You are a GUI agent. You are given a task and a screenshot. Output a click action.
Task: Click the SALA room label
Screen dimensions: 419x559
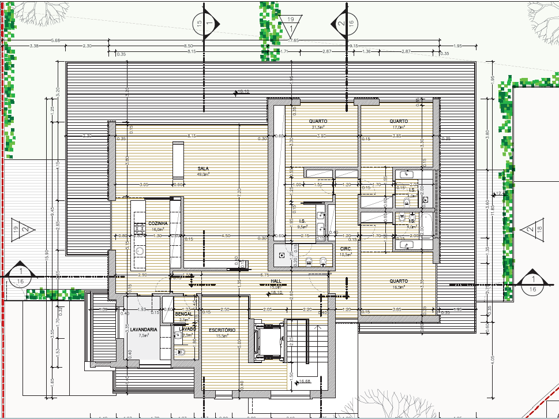(x=203, y=169)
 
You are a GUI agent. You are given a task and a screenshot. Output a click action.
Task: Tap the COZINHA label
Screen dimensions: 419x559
(x=157, y=223)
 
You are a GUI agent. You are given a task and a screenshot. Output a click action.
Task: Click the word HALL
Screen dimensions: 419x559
(x=276, y=281)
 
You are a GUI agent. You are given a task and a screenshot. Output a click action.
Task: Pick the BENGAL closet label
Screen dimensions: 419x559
(x=183, y=313)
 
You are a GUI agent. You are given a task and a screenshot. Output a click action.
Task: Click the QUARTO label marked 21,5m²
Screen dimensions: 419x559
(x=318, y=121)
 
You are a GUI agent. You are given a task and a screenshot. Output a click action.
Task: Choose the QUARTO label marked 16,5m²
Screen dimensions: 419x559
(x=398, y=281)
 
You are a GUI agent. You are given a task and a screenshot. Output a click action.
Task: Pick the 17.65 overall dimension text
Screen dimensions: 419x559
(x=294, y=40)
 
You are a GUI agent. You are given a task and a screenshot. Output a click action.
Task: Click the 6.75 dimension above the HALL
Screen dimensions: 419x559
(x=265, y=275)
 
